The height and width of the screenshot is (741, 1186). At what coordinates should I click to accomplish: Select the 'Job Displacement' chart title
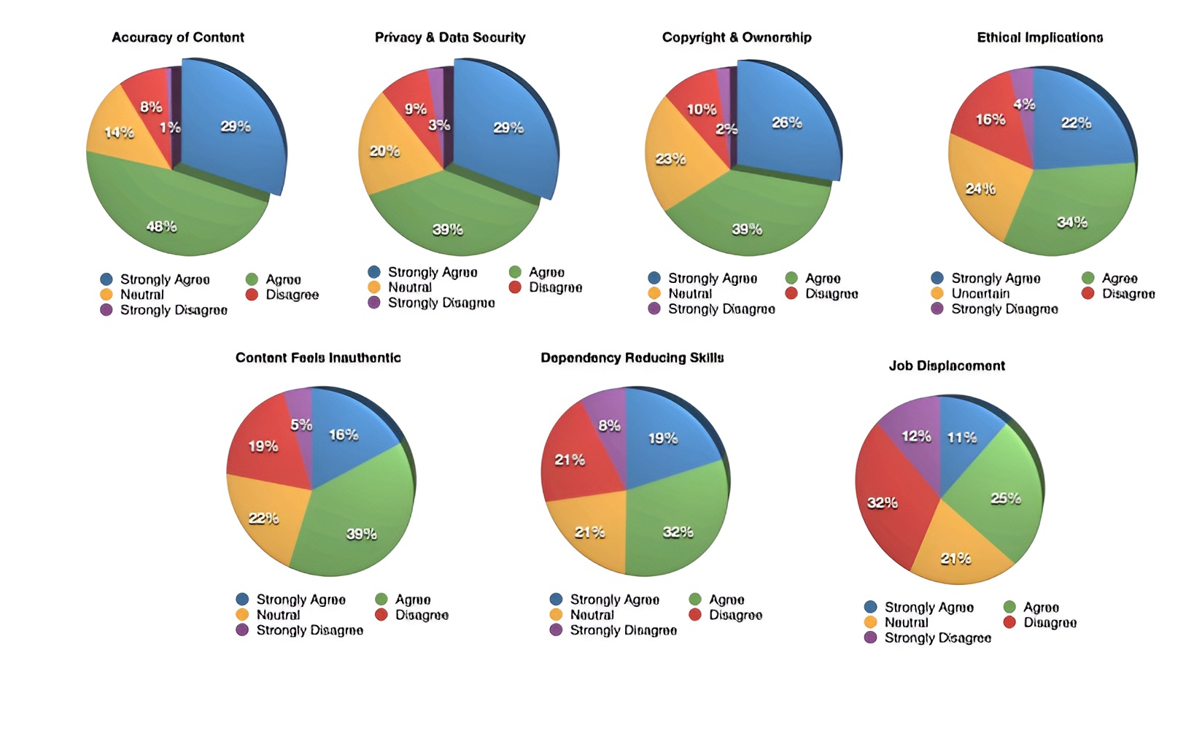tap(947, 366)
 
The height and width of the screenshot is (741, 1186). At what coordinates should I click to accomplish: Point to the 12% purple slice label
tap(916, 436)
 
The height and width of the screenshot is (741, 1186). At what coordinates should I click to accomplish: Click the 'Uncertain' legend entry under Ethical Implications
tap(980, 294)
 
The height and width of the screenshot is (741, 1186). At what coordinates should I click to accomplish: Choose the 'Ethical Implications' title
tap(1039, 37)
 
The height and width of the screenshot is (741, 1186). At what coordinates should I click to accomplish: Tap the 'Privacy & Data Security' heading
tap(450, 37)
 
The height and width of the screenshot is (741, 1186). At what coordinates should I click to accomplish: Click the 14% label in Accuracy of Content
tap(119, 133)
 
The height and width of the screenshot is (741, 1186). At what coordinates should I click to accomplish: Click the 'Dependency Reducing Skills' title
tap(632, 358)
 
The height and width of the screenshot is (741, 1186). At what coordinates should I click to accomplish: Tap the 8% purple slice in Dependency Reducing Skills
tap(609, 419)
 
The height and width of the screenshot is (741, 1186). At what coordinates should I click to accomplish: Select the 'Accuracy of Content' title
tap(178, 37)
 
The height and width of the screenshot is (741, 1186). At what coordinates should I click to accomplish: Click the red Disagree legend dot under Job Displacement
tap(1009, 622)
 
